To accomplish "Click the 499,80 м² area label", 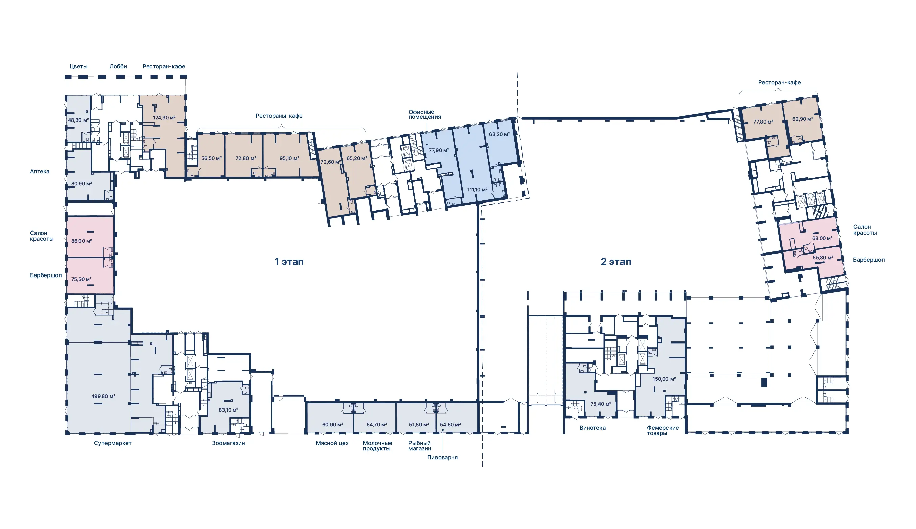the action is (x=103, y=396).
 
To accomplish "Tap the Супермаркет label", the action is (x=113, y=443).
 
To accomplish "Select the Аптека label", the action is (x=40, y=172).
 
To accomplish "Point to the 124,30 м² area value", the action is (x=164, y=118).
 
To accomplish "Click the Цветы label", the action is (x=78, y=66).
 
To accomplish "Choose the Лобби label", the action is (x=118, y=66).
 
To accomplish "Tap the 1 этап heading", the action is (x=289, y=262).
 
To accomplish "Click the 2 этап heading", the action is (x=616, y=262).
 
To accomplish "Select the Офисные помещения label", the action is (x=425, y=114).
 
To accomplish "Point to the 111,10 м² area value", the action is (x=477, y=190).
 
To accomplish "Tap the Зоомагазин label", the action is (x=228, y=443).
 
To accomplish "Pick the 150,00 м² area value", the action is (x=664, y=379).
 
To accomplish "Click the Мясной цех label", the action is (x=332, y=443).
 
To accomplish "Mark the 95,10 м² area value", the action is (x=289, y=158).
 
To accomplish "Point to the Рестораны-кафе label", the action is (x=279, y=116).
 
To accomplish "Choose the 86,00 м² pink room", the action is (x=90, y=237).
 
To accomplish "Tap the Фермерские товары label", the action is (x=662, y=431).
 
